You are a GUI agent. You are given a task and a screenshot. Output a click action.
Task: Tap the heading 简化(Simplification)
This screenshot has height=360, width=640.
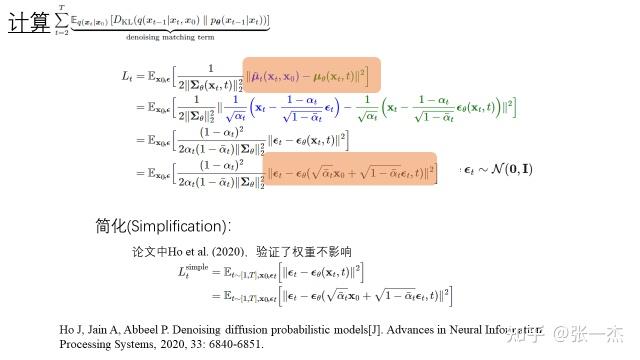160,226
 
